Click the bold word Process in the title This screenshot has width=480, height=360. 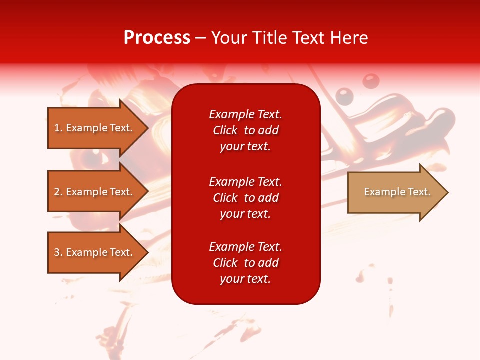157,38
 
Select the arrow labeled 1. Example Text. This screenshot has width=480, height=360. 93,128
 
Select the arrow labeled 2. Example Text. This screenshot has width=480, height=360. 93,192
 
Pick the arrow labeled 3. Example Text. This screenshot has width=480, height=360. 93,252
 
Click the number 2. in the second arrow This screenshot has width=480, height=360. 58,192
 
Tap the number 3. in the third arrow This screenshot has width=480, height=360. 58,252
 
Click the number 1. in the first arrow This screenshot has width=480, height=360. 58,128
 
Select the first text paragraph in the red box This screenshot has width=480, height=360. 245,130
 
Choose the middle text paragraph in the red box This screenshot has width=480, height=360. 245,198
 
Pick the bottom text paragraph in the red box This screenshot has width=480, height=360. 245,263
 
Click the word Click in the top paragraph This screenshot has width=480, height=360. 225,130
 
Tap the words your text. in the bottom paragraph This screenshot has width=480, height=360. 245,279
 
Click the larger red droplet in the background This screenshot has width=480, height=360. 370,80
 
